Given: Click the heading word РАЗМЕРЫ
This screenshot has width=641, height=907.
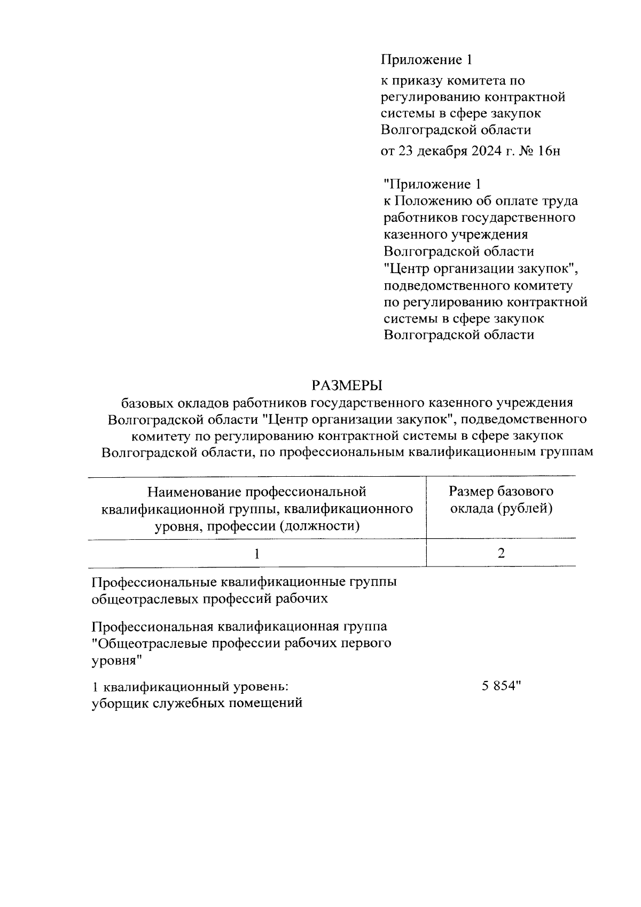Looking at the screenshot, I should tap(348, 385).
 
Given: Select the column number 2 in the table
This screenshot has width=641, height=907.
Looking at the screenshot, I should tap(501, 553).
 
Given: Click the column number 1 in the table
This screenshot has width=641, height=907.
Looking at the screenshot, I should tap(257, 553).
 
